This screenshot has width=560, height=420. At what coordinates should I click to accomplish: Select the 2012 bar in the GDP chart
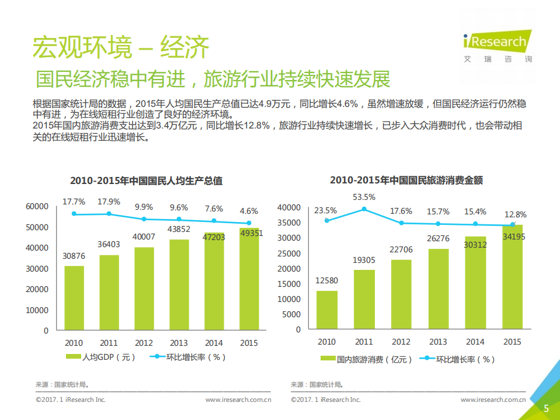click(144, 289)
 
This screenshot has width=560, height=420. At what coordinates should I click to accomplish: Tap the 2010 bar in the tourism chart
click(327, 310)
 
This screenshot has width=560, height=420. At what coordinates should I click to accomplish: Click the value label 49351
click(249, 232)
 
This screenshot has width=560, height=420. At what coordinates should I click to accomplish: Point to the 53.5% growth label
click(364, 196)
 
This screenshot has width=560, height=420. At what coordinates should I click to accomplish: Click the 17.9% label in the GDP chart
click(109, 202)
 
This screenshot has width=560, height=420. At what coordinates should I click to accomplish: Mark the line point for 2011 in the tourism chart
click(364, 209)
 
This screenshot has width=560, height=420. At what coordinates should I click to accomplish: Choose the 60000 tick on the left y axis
click(37, 206)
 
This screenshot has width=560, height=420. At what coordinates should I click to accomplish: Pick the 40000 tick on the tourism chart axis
click(289, 207)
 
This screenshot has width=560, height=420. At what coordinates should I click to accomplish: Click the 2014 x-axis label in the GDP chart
click(214, 343)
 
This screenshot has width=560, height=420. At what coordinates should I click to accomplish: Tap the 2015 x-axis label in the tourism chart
click(512, 342)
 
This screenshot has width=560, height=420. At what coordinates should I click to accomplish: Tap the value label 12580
click(327, 280)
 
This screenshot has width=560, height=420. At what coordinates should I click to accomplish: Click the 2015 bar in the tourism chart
click(512, 277)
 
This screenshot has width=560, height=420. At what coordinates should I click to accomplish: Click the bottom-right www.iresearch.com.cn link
click(493, 400)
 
